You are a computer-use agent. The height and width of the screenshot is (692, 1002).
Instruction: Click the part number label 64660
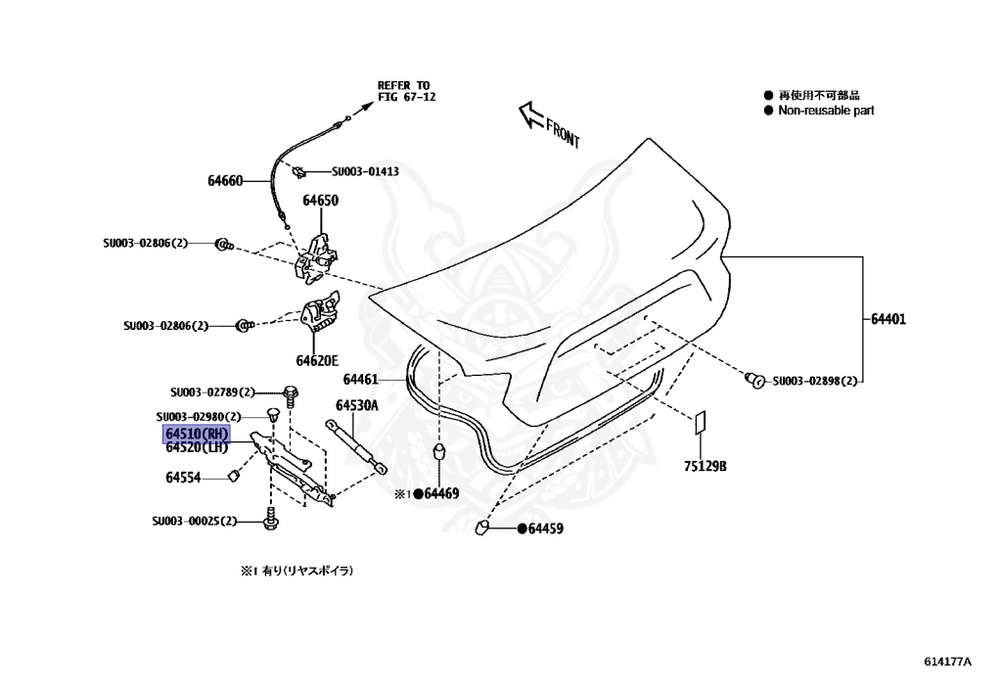[225, 181]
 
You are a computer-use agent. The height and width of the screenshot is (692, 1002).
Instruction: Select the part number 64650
[320, 201]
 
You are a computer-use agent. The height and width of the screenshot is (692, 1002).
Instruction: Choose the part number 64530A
[357, 404]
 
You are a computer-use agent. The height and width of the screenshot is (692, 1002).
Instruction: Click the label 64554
[182, 477]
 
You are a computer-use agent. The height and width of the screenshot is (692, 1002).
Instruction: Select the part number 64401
[888, 318]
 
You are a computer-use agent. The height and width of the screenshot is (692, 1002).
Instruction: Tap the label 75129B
[705, 466]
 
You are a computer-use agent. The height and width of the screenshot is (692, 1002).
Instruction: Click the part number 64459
[546, 529]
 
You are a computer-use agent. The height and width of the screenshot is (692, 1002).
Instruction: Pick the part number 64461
[360, 379]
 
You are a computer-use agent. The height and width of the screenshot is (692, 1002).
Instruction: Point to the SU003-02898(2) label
[814, 380]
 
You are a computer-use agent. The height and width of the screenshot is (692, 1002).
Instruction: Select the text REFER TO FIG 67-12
[404, 91]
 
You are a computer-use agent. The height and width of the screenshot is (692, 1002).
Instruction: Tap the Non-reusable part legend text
[825, 111]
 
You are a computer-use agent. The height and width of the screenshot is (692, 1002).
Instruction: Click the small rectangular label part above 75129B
[700, 424]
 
